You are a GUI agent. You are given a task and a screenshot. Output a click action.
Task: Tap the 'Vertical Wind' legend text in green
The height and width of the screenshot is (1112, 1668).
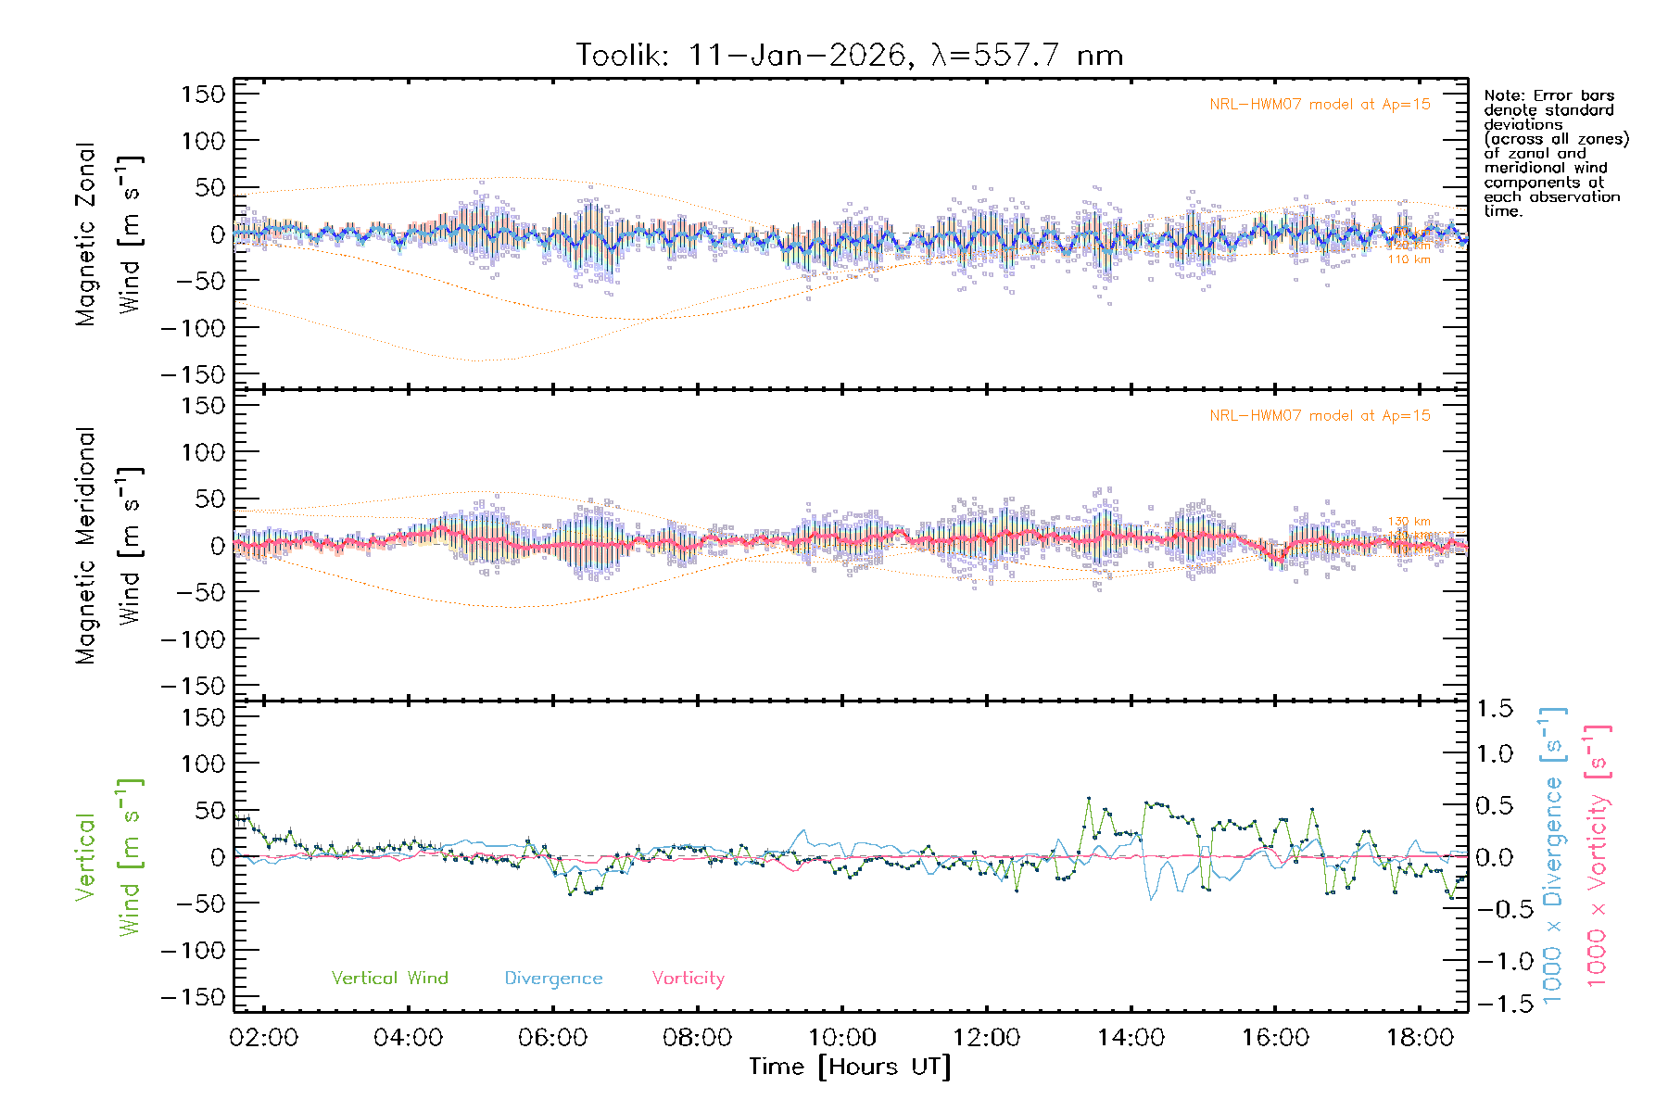click(x=389, y=978)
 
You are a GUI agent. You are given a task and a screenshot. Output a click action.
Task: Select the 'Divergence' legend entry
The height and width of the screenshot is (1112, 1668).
click(x=553, y=979)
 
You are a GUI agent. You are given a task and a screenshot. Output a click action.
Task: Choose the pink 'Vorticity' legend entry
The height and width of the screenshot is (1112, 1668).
click(x=688, y=978)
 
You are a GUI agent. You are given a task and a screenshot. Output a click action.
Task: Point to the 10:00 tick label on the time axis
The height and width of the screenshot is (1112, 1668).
click(x=841, y=1038)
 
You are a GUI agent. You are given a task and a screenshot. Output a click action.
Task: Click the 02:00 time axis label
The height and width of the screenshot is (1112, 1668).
click(x=264, y=1038)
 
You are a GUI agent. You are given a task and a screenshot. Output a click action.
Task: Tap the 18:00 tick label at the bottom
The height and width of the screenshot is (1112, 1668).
click(x=1420, y=1038)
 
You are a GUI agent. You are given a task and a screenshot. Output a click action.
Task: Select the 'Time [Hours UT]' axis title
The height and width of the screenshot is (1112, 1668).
click(x=850, y=1067)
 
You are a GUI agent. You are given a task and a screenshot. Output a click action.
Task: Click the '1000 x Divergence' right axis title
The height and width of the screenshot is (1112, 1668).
click(x=1553, y=855)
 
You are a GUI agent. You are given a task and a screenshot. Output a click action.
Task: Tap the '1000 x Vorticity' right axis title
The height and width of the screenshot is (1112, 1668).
click(x=1598, y=855)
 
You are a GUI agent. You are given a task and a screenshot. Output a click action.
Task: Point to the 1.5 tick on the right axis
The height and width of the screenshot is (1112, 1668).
click(x=1494, y=709)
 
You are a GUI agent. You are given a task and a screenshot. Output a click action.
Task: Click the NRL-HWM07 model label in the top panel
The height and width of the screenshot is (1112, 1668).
click(x=1320, y=104)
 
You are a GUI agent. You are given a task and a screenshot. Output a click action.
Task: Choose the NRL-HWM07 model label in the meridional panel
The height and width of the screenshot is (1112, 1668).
click(x=1320, y=415)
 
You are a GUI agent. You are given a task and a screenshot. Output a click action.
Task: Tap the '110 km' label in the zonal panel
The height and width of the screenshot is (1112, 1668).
click(x=1409, y=259)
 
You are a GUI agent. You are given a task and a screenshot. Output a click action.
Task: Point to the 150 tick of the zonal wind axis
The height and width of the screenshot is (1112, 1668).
click(x=203, y=94)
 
